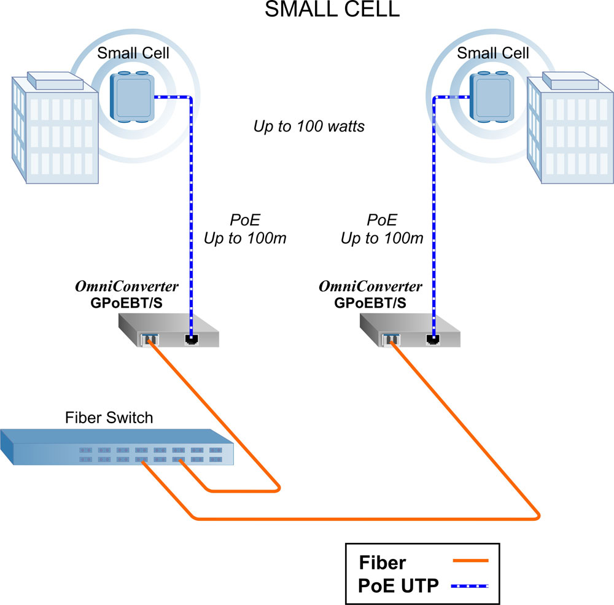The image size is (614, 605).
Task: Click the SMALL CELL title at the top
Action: coord(332,10)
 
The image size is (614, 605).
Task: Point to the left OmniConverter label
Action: coord(127,287)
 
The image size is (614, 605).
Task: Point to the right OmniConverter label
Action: coord(370,287)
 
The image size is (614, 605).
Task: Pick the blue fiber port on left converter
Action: coord(150,338)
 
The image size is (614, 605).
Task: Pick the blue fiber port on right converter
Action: coord(391,338)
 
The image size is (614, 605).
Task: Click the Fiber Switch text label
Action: coord(109,418)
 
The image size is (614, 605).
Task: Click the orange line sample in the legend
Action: coord(470,561)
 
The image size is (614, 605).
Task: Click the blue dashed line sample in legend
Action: coord(470,586)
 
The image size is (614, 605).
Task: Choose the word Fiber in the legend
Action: coord(382,562)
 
